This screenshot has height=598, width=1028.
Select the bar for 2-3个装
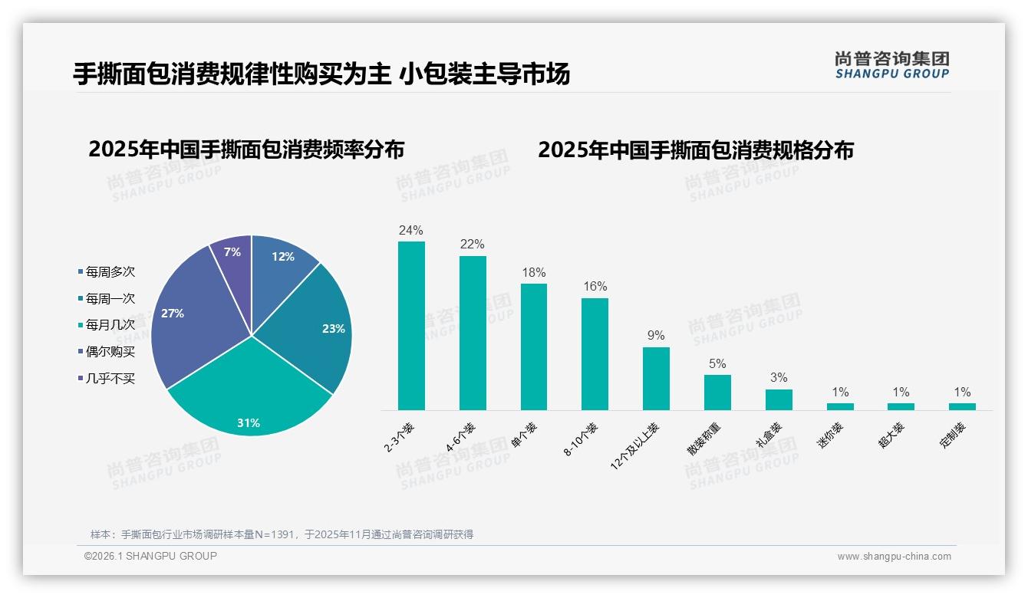click(x=411, y=326)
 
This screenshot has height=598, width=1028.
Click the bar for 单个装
click(x=534, y=347)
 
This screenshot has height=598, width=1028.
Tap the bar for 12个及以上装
click(x=656, y=379)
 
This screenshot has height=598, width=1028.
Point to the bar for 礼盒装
click(x=779, y=399)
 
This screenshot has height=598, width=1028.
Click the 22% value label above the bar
click(x=473, y=245)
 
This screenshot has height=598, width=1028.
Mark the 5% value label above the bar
click(x=717, y=363)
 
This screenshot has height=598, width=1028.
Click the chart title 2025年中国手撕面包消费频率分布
click(x=246, y=149)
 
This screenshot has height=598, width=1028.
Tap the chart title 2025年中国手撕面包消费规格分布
click(x=696, y=149)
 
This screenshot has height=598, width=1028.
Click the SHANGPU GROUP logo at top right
click(x=891, y=64)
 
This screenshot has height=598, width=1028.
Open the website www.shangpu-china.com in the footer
click(x=894, y=557)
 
